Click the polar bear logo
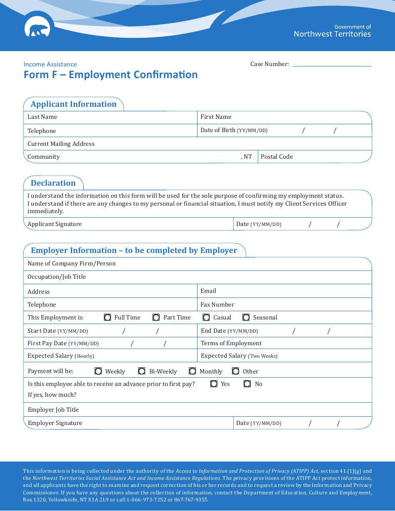coord(37,29)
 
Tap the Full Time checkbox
coord(107,317)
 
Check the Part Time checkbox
coord(156,317)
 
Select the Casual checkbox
coord(206,317)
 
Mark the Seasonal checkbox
coord(246,317)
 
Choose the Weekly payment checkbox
coord(98,371)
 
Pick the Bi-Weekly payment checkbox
coord(142,371)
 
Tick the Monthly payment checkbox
coord(193,371)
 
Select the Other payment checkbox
coord(236,371)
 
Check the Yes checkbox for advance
coord(214,384)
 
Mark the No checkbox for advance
coord(247,384)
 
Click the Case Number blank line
coord(332,64)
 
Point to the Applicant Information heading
coord(74,104)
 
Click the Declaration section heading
coord(53,183)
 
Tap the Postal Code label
coord(276,157)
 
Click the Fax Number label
coord(217,305)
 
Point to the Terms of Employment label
coord(231,343)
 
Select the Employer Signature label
coord(55,423)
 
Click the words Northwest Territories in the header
coord(332,34)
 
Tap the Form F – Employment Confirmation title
coord(111,75)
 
